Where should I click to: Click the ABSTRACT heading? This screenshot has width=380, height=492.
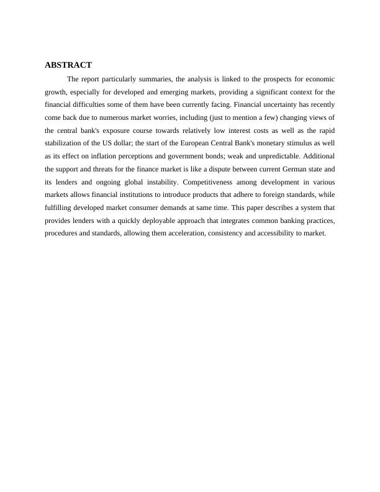tap(68, 65)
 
